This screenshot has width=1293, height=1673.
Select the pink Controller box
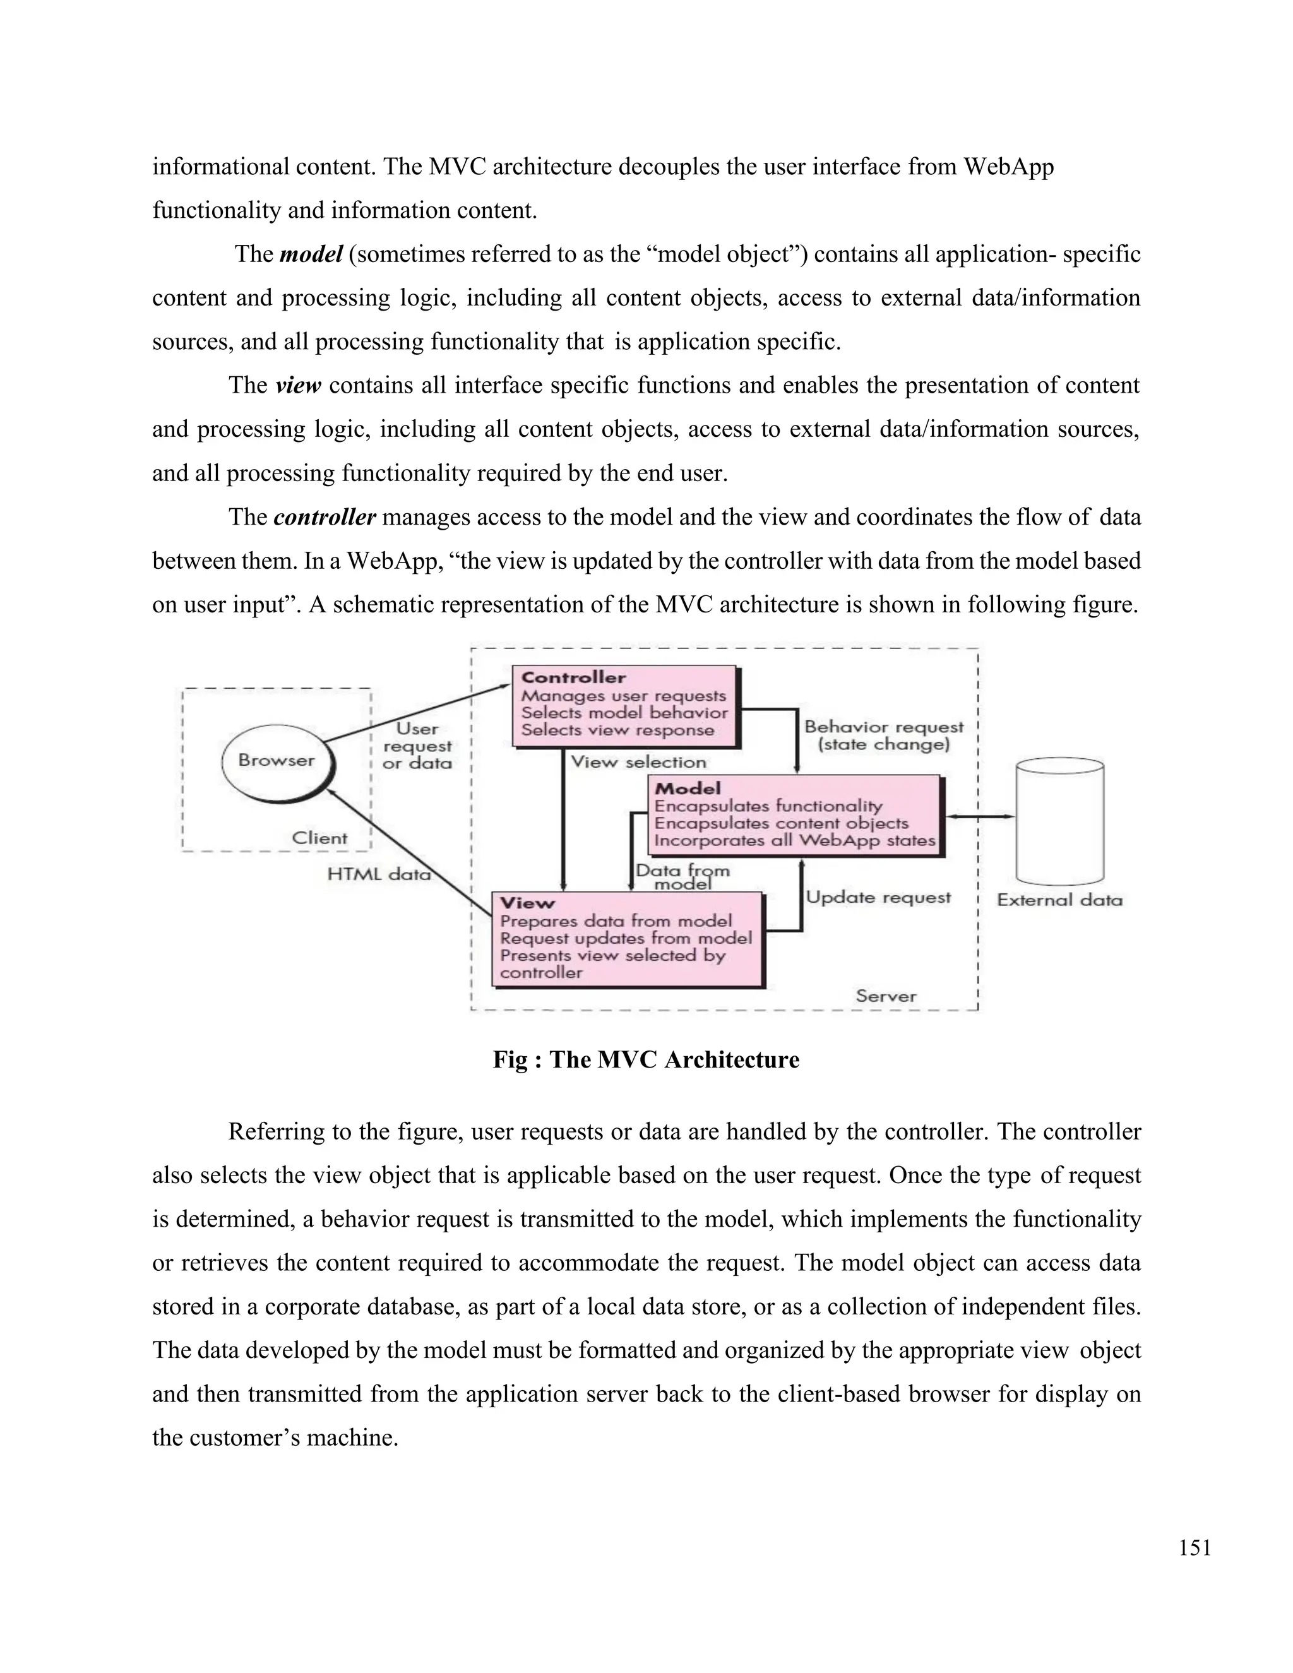[x=624, y=706]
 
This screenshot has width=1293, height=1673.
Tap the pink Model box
[x=794, y=815]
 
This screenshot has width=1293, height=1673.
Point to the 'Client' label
[x=319, y=838]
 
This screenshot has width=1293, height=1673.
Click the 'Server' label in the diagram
[x=886, y=996]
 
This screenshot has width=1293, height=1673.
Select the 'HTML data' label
[x=378, y=874]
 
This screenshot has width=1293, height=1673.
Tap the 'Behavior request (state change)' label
[x=883, y=735]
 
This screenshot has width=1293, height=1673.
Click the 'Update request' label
[x=878, y=897]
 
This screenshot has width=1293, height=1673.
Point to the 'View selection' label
[x=638, y=762]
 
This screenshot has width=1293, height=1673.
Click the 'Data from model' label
[x=682, y=876]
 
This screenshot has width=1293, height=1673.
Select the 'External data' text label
[x=1059, y=900]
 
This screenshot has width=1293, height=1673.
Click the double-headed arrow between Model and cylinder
[x=980, y=816]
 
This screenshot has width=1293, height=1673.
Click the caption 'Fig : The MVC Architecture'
[x=646, y=1059]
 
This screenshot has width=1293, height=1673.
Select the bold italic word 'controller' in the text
[x=324, y=518]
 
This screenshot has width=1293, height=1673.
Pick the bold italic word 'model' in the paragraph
[x=310, y=254]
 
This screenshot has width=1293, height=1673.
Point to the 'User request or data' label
[x=417, y=746]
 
